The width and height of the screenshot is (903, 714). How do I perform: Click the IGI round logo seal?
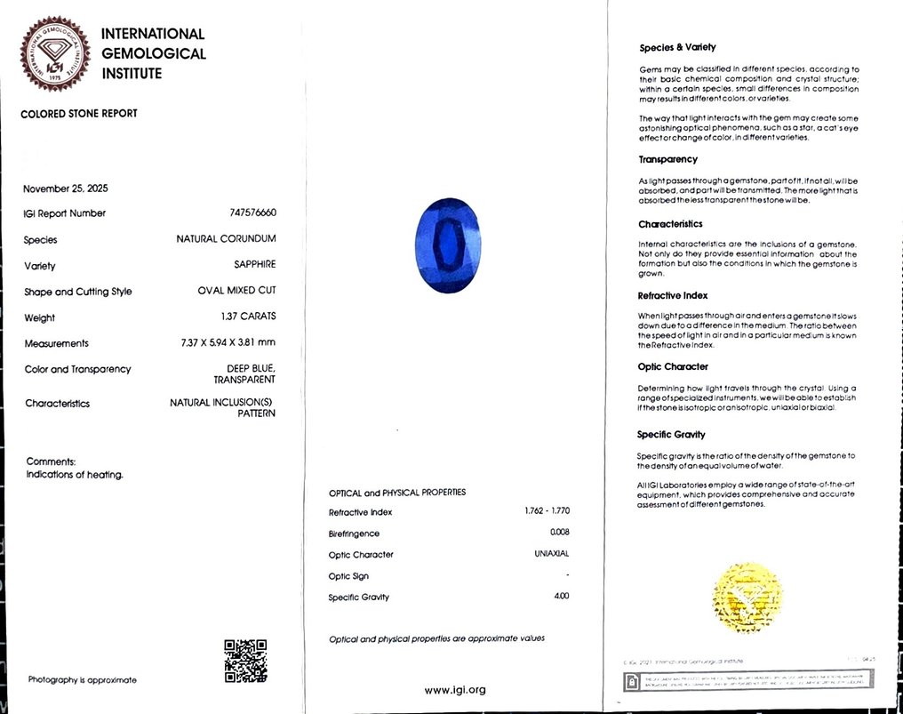click(54, 54)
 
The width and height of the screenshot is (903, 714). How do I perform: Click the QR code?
click(245, 661)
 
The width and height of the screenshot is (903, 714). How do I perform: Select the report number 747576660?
click(252, 213)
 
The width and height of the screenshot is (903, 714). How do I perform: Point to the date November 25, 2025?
click(66, 189)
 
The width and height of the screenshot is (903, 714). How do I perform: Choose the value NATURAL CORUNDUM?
click(226, 239)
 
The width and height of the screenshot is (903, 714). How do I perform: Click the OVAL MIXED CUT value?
click(236, 292)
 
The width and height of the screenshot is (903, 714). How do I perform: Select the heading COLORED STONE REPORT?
click(79, 114)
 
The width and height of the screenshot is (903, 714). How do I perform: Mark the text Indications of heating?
click(75, 475)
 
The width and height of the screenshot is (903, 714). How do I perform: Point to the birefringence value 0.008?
click(560, 533)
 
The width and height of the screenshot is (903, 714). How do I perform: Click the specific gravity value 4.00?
click(561, 596)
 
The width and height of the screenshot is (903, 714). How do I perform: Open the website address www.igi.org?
click(455, 690)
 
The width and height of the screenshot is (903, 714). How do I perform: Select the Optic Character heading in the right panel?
click(673, 366)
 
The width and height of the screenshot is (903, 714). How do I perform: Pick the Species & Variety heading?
click(677, 48)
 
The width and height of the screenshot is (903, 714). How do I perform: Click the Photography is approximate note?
click(83, 680)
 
